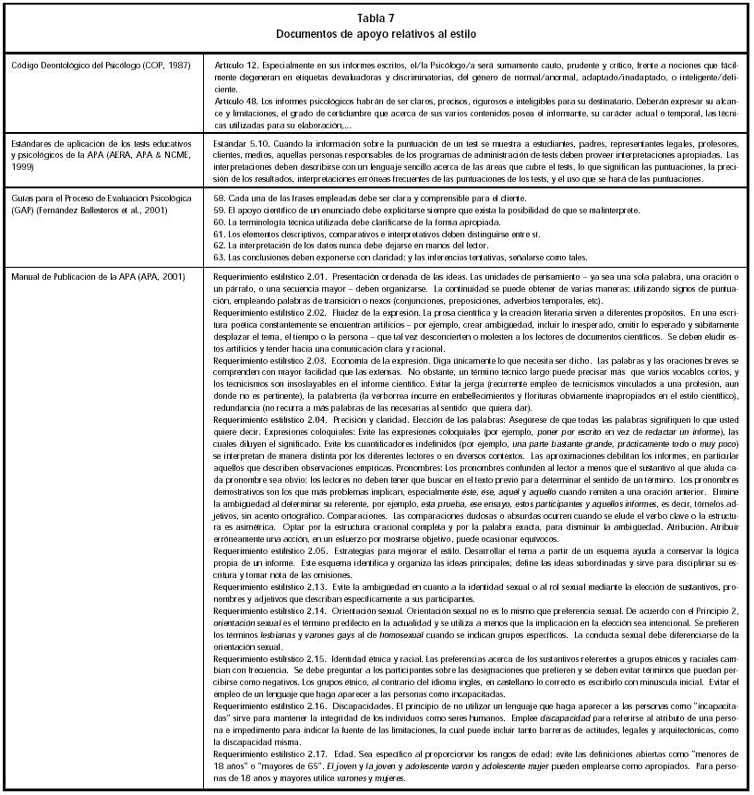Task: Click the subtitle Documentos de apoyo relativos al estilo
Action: click(377, 33)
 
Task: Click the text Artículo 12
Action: click(234, 67)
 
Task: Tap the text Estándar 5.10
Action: click(238, 145)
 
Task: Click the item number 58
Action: click(219, 198)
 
